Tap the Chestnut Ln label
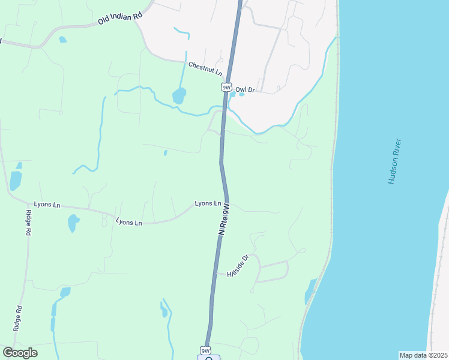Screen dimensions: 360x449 point(205,68)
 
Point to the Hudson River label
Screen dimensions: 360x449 point(395,161)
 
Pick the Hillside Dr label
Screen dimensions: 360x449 point(238,266)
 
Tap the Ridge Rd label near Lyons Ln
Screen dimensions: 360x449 point(28,223)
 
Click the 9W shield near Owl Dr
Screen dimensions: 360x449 point(226,88)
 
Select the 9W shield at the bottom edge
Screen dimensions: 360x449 point(206,350)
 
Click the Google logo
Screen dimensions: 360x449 point(20,353)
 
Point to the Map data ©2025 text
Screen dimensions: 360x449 point(423,355)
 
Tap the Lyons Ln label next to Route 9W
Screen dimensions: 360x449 point(208,204)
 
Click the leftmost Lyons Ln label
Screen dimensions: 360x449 point(47,205)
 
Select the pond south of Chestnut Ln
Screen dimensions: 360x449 point(179,95)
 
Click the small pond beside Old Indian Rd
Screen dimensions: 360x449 point(62,40)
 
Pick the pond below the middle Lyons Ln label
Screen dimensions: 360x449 point(73,223)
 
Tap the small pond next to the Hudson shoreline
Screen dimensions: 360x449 point(310,291)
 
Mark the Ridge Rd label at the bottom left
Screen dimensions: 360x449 point(17,319)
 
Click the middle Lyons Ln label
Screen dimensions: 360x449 point(129,223)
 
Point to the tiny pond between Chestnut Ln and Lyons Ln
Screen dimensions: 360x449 point(165,153)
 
